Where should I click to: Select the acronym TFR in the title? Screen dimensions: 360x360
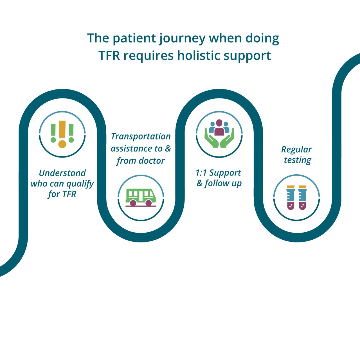[109, 56]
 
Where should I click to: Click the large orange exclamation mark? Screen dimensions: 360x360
[62, 134]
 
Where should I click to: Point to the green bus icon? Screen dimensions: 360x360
[141, 198]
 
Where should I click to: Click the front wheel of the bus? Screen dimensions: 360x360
[148, 203]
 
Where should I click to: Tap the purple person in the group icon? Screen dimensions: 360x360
[219, 127]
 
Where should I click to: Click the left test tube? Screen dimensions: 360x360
[291, 197]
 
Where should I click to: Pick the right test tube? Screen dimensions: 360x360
[302, 197]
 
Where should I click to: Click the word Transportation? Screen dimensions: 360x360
[141, 137]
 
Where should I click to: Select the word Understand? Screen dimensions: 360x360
[62, 173]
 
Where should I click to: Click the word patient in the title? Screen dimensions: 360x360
[134, 39]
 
